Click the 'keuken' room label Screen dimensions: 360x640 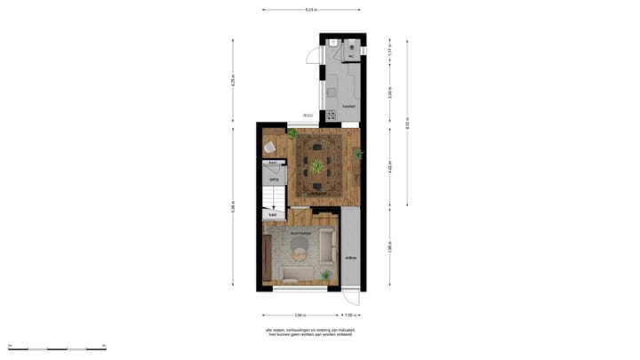(x=349, y=107)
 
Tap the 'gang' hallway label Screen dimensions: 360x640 (x=274, y=179)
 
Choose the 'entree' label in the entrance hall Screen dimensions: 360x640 (x=350, y=259)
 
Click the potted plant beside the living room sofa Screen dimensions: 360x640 (x=326, y=274)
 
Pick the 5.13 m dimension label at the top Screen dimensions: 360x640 (x=310, y=11)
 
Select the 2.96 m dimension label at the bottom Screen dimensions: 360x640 (x=301, y=315)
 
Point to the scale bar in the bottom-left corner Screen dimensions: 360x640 (x=57, y=346)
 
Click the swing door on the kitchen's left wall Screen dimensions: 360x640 (x=312, y=54)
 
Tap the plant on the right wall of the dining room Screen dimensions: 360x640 (x=358, y=155)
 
